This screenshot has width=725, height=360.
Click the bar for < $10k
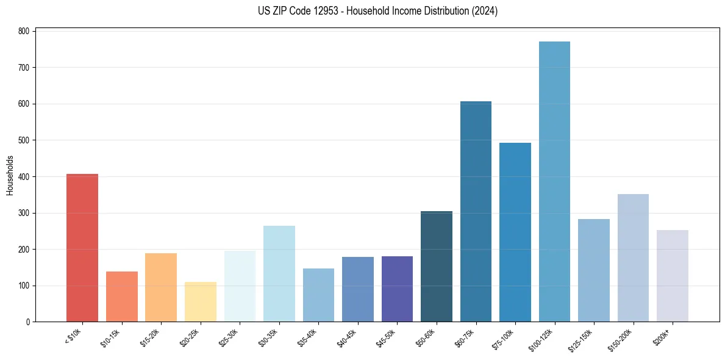click(82, 248)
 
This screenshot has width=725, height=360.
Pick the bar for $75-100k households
click(515, 232)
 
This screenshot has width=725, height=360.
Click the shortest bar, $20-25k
click(201, 302)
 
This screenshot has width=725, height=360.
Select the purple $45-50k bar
click(397, 289)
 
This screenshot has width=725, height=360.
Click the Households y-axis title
click(10, 176)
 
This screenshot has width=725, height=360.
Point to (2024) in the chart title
click(485, 11)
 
